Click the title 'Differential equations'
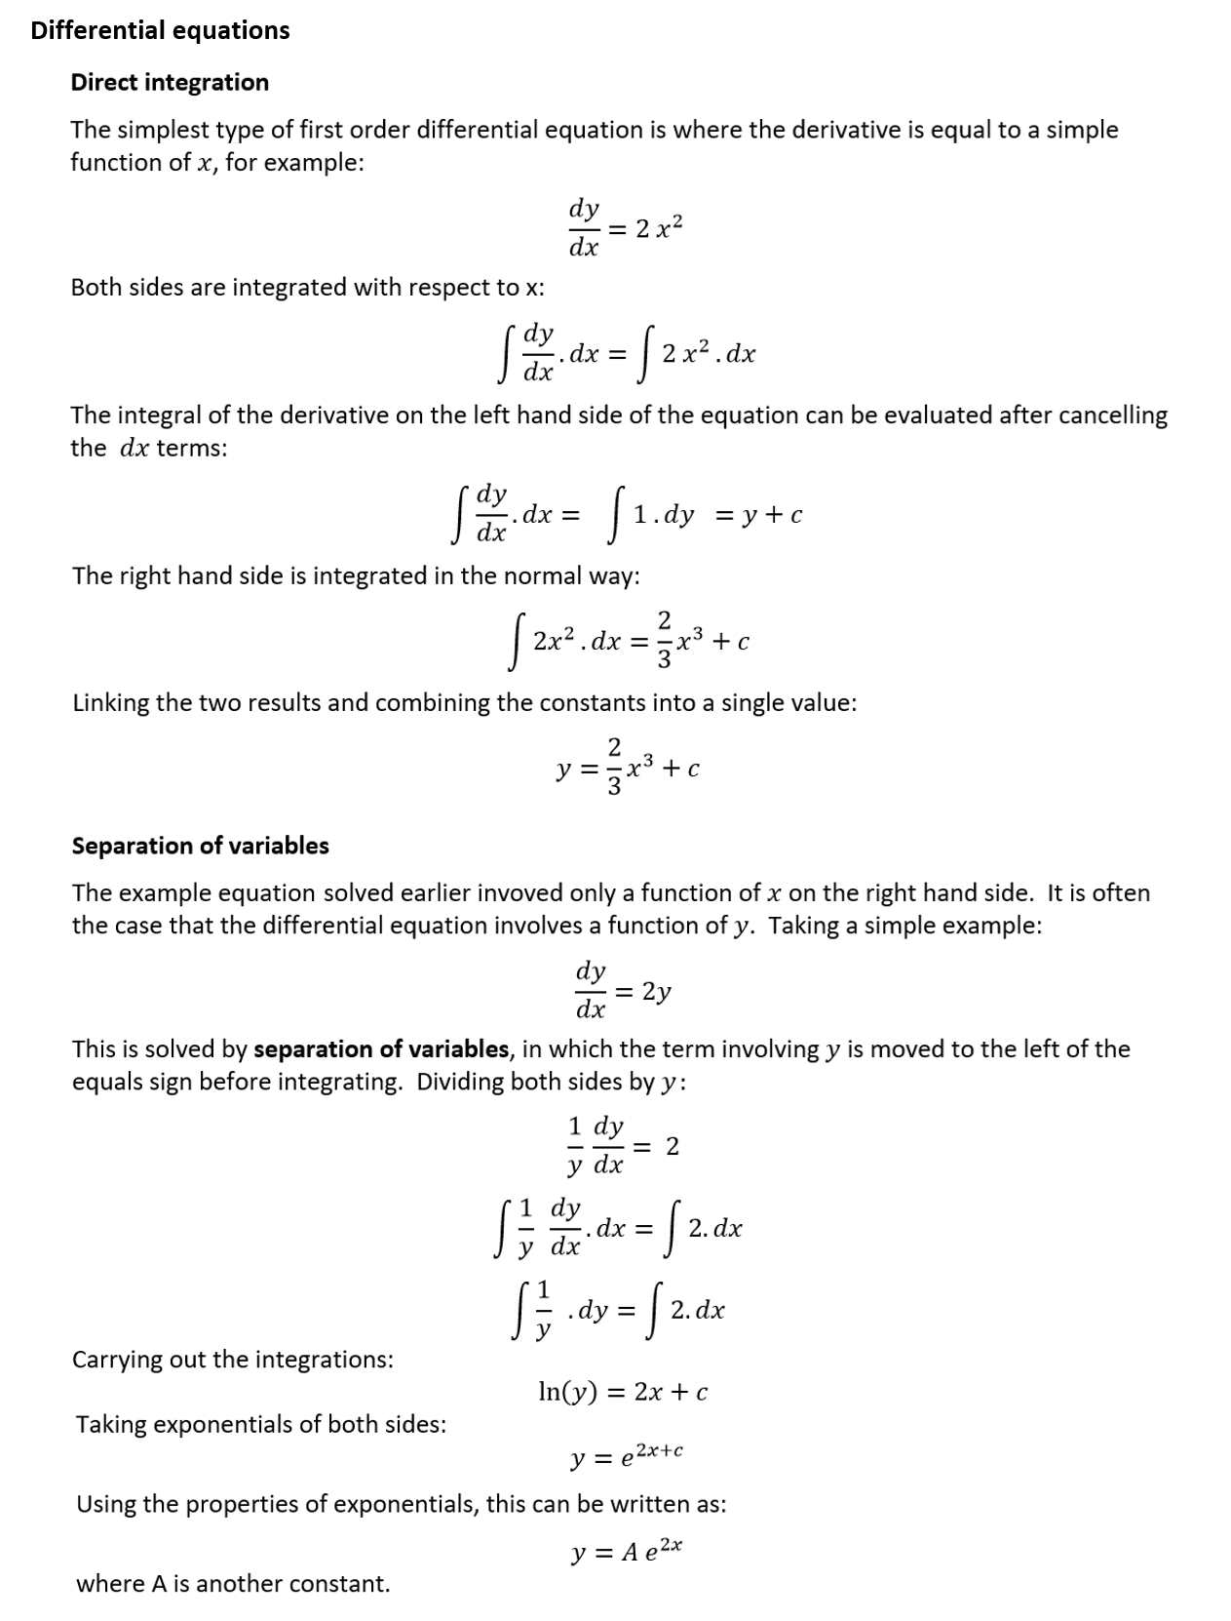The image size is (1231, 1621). (160, 30)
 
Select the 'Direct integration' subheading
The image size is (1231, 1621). (170, 82)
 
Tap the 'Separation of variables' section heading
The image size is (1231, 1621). (200, 846)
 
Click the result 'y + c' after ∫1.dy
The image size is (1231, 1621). (771, 516)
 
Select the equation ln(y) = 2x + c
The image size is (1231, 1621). (623, 1392)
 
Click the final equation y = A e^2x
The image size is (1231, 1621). (627, 1551)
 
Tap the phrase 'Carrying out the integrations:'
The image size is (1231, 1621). (233, 1360)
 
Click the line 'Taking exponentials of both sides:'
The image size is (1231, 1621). (261, 1425)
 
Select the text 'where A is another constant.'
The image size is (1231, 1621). (233, 1584)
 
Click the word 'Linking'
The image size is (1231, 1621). (109, 703)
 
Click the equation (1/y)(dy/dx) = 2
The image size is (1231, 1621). (623, 1147)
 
